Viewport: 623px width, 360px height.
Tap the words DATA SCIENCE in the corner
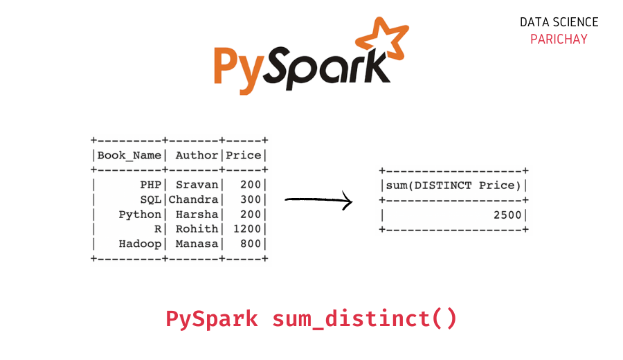[559, 22]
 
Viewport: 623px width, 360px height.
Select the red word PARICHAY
[559, 39]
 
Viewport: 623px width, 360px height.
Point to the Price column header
[244, 155]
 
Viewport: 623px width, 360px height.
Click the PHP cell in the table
[150, 185]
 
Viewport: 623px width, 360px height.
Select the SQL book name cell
[150, 199]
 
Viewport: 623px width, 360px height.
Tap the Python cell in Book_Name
[140, 214]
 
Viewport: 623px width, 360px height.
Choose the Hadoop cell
[140, 243]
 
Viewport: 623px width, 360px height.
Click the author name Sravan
[197, 185]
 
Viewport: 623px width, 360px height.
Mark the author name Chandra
[194, 199]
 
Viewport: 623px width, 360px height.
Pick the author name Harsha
[197, 214]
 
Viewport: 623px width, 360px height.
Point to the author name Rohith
[197, 228]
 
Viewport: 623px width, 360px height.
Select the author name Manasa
[197, 243]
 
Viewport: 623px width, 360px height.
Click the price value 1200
[247, 228]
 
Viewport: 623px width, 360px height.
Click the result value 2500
[507, 215]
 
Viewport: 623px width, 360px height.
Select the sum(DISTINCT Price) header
[453, 185]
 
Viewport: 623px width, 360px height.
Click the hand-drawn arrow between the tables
[318, 201]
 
